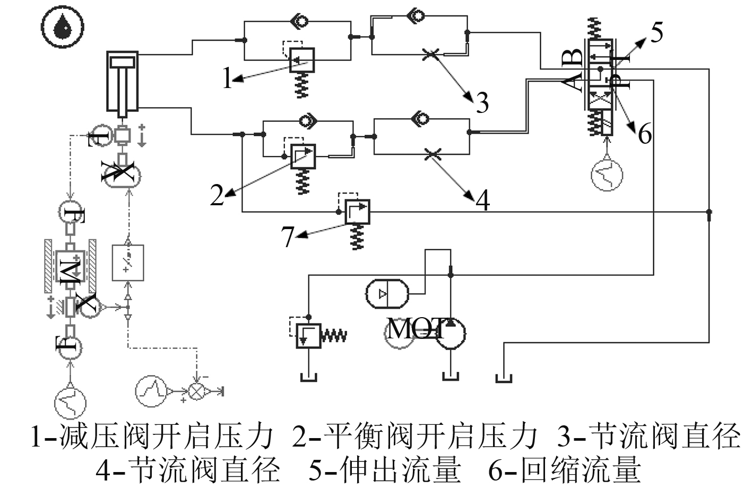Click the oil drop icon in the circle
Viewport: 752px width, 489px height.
coord(63,26)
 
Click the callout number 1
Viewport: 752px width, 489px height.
coord(228,77)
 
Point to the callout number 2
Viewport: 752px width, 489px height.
coord(217,195)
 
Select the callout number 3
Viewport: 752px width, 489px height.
coord(482,103)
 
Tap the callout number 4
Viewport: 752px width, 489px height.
coord(483,200)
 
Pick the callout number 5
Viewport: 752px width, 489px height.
coord(657,32)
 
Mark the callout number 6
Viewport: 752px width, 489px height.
coord(645,133)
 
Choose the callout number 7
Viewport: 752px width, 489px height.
coord(288,237)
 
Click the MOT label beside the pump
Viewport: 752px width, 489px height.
coord(416,329)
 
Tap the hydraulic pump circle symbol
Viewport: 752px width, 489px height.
coord(451,333)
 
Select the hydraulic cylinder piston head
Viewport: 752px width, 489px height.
coord(123,62)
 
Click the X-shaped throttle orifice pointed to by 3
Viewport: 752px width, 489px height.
coord(430,54)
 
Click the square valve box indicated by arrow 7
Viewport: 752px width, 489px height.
coord(357,212)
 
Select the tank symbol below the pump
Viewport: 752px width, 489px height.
coord(451,377)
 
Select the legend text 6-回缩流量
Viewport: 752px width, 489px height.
coord(564,471)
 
